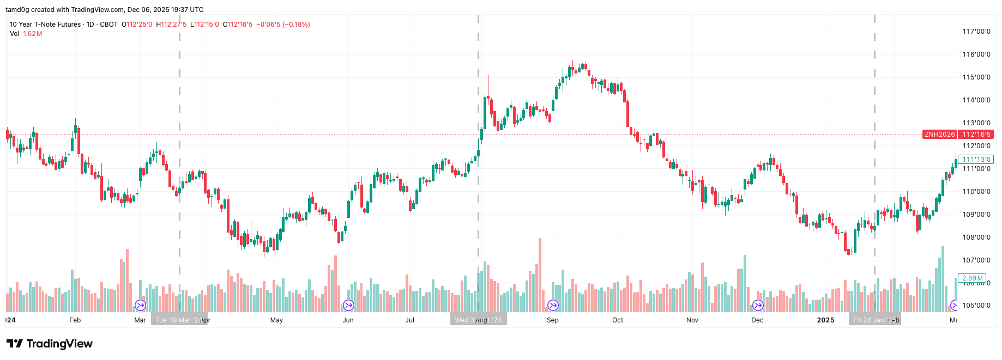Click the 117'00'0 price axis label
(x=976, y=32)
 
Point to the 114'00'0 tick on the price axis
(x=976, y=100)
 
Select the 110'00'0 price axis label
(x=976, y=192)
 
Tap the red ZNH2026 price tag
(x=939, y=135)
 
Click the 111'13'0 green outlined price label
(x=976, y=160)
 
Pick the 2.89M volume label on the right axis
(x=973, y=278)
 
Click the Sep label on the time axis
(x=552, y=320)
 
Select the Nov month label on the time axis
(x=692, y=320)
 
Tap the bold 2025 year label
(x=825, y=320)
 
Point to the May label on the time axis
(x=276, y=320)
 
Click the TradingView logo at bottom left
(x=50, y=344)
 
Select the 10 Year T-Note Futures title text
(x=45, y=25)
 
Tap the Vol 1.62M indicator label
(x=26, y=34)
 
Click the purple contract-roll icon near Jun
(x=348, y=306)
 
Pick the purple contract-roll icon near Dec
(x=758, y=306)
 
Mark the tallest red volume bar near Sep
(x=540, y=275)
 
